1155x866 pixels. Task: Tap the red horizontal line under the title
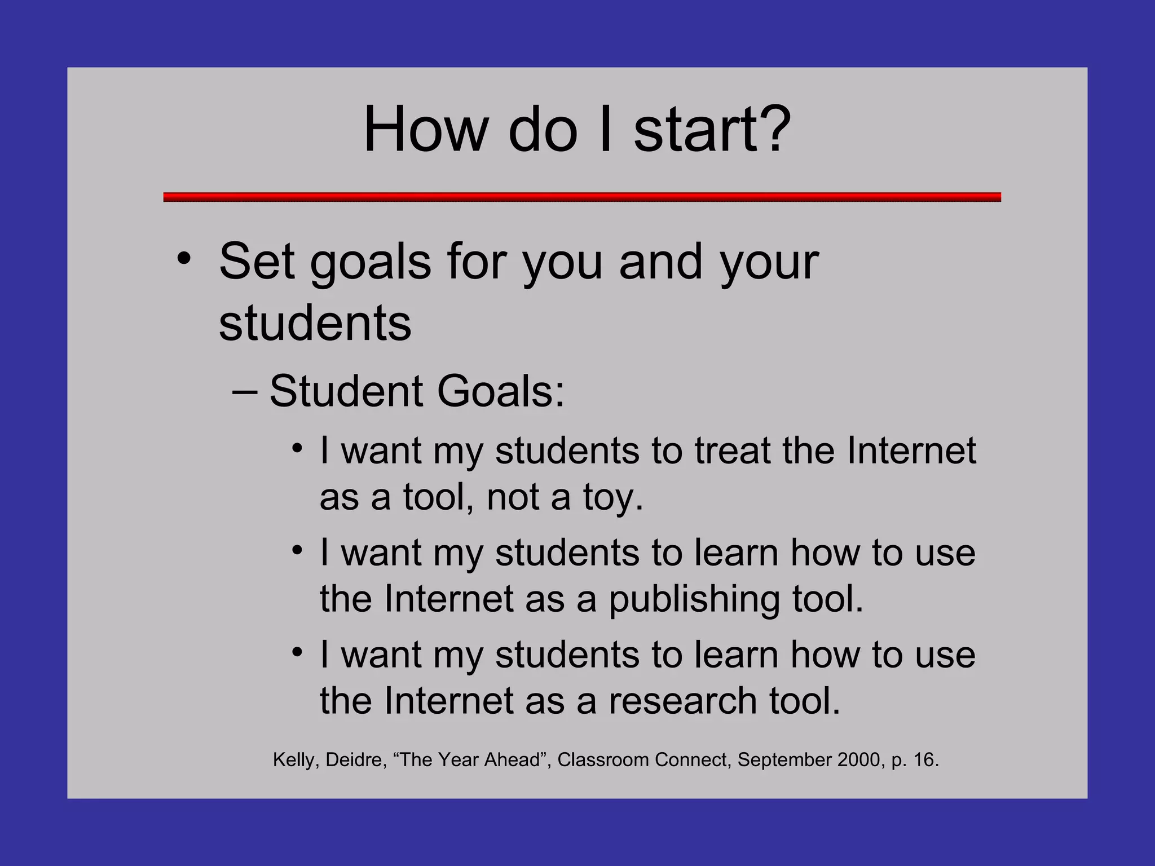[x=581, y=197]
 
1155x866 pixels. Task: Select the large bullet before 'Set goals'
[x=184, y=260]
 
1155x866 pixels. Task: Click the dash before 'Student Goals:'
[x=245, y=391]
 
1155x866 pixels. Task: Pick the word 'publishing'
[x=695, y=599]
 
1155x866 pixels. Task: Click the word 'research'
[x=682, y=701]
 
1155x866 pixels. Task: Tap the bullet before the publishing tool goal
[x=298, y=550]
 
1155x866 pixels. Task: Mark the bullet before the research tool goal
[x=298, y=652]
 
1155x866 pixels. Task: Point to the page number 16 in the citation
[x=924, y=760]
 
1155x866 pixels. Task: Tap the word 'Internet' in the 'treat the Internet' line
[x=911, y=450]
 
